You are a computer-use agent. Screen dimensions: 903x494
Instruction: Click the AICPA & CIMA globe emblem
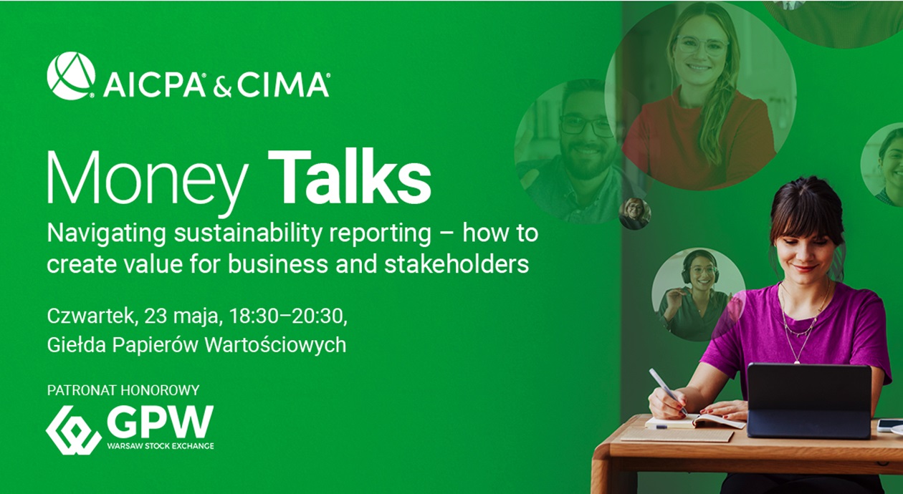click(x=72, y=76)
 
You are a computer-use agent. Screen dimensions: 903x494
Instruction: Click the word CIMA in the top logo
click(x=283, y=85)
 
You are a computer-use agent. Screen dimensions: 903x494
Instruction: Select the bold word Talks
click(x=350, y=177)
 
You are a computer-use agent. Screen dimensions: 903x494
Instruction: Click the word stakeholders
click(x=457, y=264)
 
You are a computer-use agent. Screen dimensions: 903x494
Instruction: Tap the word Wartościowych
click(x=275, y=345)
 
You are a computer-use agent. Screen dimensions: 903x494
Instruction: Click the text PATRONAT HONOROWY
click(x=123, y=390)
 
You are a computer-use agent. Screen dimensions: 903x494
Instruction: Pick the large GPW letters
click(x=160, y=422)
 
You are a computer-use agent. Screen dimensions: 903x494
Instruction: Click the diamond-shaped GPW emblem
click(x=73, y=430)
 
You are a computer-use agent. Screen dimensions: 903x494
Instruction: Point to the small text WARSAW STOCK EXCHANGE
click(x=161, y=446)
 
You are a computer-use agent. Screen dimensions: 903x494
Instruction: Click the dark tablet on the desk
click(x=808, y=400)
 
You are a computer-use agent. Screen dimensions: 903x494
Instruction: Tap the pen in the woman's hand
click(x=667, y=392)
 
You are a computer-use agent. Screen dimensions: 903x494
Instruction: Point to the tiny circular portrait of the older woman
click(x=635, y=213)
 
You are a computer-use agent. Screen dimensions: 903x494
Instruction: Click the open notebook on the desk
click(x=694, y=422)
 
